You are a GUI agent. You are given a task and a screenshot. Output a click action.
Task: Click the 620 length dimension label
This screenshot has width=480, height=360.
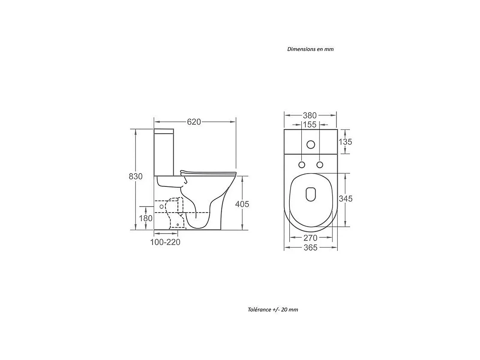click(x=194, y=122)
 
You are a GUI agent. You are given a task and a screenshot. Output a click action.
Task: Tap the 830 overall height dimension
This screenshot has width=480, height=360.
click(x=135, y=176)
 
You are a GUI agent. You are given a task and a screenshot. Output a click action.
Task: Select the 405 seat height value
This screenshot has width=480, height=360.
click(x=242, y=204)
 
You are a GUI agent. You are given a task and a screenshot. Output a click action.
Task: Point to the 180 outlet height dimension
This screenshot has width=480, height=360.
click(x=146, y=218)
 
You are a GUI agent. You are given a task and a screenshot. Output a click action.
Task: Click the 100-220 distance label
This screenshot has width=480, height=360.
click(x=165, y=242)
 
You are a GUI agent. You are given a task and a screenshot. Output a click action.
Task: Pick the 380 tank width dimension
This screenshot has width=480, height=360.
click(x=310, y=115)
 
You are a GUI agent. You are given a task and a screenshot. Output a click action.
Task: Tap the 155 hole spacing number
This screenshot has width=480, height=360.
click(x=310, y=125)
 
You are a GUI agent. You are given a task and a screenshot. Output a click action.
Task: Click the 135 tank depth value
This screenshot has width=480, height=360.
click(x=345, y=142)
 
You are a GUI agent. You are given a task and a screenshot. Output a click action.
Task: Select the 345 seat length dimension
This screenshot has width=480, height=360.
click(x=345, y=199)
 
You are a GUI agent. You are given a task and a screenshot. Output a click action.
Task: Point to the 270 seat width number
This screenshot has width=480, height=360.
click(x=310, y=238)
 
